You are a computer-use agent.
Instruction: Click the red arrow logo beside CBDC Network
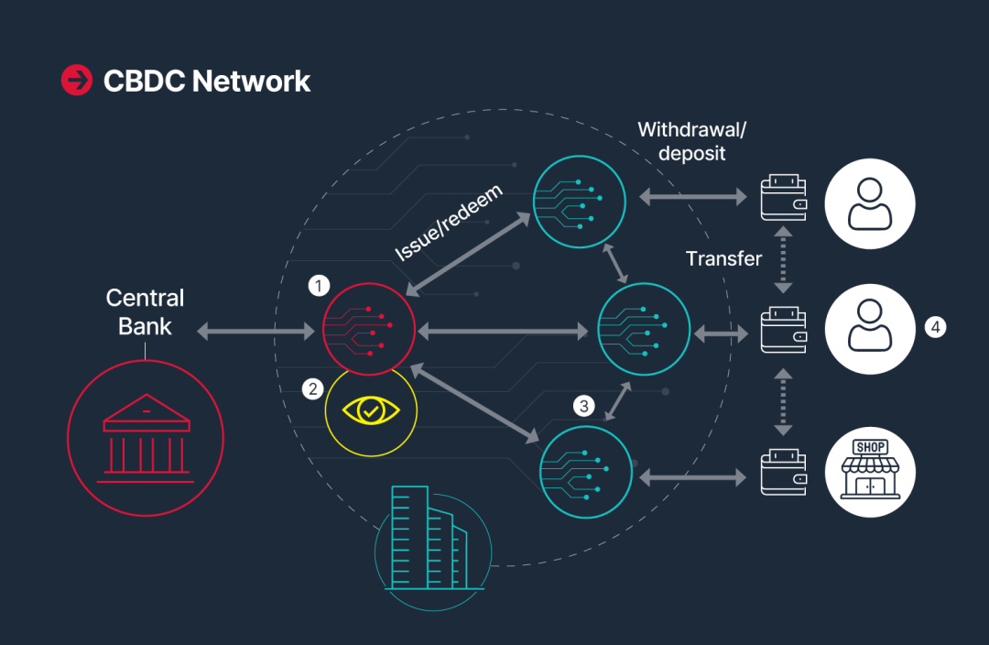coord(77,81)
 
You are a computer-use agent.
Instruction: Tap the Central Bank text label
coord(145,312)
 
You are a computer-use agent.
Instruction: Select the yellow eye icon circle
coord(371,411)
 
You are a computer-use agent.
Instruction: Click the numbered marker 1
coord(319,286)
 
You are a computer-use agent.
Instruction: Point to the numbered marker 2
coord(313,389)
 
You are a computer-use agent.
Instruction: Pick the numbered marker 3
coord(584,404)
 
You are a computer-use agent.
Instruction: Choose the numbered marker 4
coord(934,326)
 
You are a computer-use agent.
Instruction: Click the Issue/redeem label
coord(449,223)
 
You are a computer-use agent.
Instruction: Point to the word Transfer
coord(723,258)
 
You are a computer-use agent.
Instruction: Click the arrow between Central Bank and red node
coord(255,331)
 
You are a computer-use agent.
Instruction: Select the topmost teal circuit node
coord(580,201)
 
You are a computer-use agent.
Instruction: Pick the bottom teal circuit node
coord(587,472)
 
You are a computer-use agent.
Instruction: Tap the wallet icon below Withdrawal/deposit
coord(784,198)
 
